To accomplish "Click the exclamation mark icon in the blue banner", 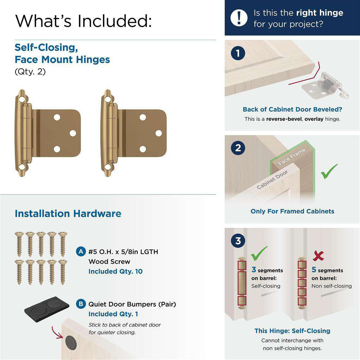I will (x=239, y=18).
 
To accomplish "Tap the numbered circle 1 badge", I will (x=238, y=54).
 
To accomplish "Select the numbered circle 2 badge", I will (x=238, y=148).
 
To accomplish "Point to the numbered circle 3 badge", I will (x=238, y=241).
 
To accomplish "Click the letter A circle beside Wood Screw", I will (x=81, y=252).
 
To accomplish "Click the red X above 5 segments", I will (x=318, y=256).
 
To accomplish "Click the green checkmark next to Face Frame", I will (x=329, y=171).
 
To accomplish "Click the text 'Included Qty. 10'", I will (x=115, y=271).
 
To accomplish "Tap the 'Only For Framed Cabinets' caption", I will (x=292, y=211).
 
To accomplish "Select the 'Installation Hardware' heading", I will (x=68, y=214).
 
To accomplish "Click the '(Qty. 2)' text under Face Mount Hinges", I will (x=30, y=72).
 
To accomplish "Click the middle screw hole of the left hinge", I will (x=73, y=133).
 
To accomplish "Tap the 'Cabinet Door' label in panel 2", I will (x=272, y=180).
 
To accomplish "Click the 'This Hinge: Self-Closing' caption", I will (x=292, y=331).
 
